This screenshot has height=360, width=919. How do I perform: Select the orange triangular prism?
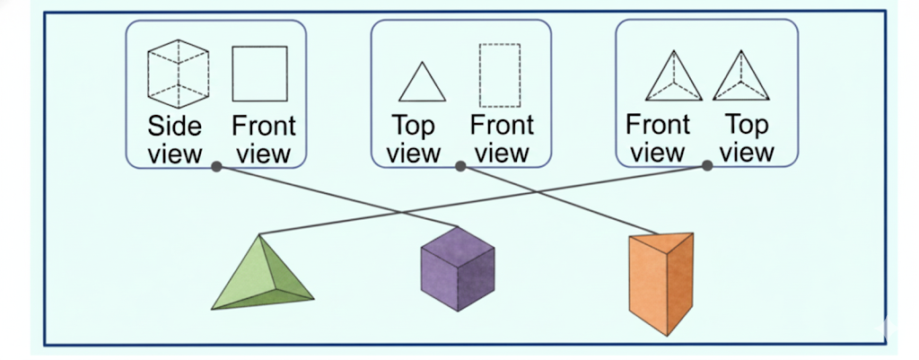[661, 283]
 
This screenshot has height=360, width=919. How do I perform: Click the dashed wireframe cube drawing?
[178, 73]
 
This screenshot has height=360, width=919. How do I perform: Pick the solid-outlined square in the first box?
[259, 74]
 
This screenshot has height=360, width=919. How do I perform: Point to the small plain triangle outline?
[422, 83]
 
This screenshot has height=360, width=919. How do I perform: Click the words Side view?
[175, 139]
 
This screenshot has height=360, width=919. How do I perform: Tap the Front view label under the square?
[263, 139]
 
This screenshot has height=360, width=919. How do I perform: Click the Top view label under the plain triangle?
[414, 139]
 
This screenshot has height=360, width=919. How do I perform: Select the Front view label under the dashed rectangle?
[502, 139]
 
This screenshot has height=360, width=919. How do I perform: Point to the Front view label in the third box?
[657, 138]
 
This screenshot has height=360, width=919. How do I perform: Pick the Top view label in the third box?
[746, 138]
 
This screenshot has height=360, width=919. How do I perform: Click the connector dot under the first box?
[216, 166]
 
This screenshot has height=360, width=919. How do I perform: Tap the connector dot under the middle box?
[460, 166]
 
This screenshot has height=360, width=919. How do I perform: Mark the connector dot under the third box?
[706, 166]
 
